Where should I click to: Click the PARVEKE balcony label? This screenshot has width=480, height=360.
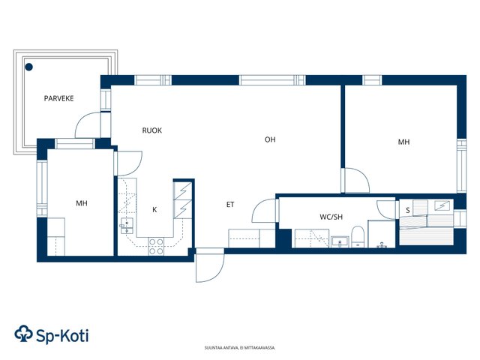point(58,98)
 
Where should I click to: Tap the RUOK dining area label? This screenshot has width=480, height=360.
point(151,130)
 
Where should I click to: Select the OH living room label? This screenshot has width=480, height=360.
point(270,140)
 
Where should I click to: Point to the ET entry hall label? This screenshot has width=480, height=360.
point(230,205)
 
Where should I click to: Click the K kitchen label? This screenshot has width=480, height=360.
point(154,210)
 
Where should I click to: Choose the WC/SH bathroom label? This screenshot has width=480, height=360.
point(331,217)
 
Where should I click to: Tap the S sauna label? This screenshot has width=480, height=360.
point(408,211)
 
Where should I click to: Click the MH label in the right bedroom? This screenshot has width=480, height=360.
point(403,142)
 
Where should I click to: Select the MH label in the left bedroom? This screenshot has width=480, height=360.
point(82,203)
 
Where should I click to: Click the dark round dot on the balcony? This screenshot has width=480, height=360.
point(28,67)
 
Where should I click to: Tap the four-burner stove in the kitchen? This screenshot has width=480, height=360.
point(156,247)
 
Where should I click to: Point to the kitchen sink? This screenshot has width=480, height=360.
point(127,226)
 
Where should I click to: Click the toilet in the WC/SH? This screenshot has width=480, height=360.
point(357,236)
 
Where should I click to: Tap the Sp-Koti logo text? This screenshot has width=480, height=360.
point(62,336)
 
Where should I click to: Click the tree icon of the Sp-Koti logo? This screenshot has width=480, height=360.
point(23,333)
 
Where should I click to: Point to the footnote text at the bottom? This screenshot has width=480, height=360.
point(240,348)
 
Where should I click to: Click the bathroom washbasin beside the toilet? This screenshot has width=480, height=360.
point(340,241)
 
